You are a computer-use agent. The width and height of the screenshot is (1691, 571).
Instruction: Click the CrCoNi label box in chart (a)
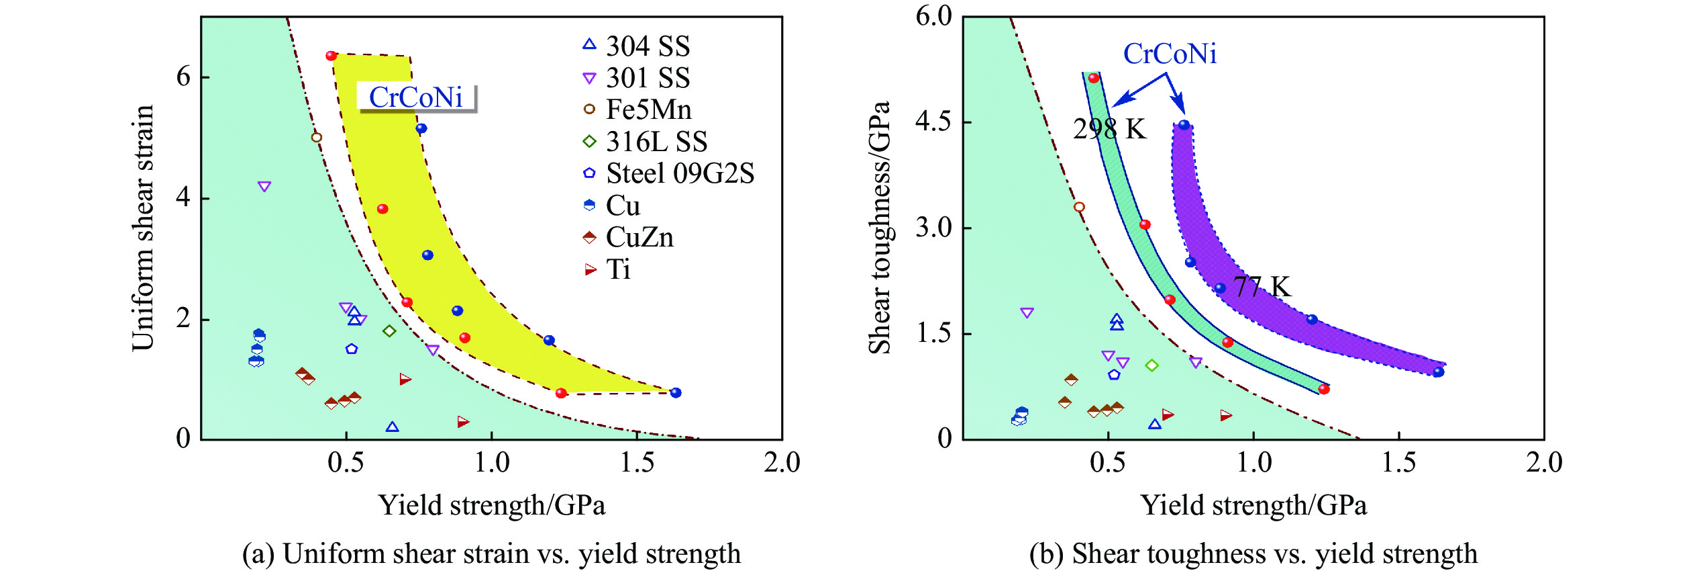coord(416,97)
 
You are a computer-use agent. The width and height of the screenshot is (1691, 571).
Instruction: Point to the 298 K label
coord(1109,129)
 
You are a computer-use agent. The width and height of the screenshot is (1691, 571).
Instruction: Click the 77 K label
coord(1262,287)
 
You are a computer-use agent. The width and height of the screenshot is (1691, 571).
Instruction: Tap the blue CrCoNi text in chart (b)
coord(1170,54)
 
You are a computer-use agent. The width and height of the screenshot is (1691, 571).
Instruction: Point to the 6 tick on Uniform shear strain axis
coord(183,77)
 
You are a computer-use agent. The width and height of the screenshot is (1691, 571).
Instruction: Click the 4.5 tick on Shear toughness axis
coord(933,122)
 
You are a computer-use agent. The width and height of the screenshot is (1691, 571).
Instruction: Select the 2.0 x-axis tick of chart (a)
coord(782,462)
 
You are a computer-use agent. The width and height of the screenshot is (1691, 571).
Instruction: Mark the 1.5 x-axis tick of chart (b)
coord(1398,462)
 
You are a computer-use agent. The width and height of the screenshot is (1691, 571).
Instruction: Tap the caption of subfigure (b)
coord(1253,554)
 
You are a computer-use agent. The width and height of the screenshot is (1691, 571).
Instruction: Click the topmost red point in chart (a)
coord(331,56)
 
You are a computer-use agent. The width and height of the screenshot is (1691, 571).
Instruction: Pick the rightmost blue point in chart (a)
coord(676,393)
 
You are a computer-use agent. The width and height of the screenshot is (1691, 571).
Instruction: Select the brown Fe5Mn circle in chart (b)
coord(1079,207)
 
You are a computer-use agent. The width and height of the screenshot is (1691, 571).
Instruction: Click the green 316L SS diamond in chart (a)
coord(389,331)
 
